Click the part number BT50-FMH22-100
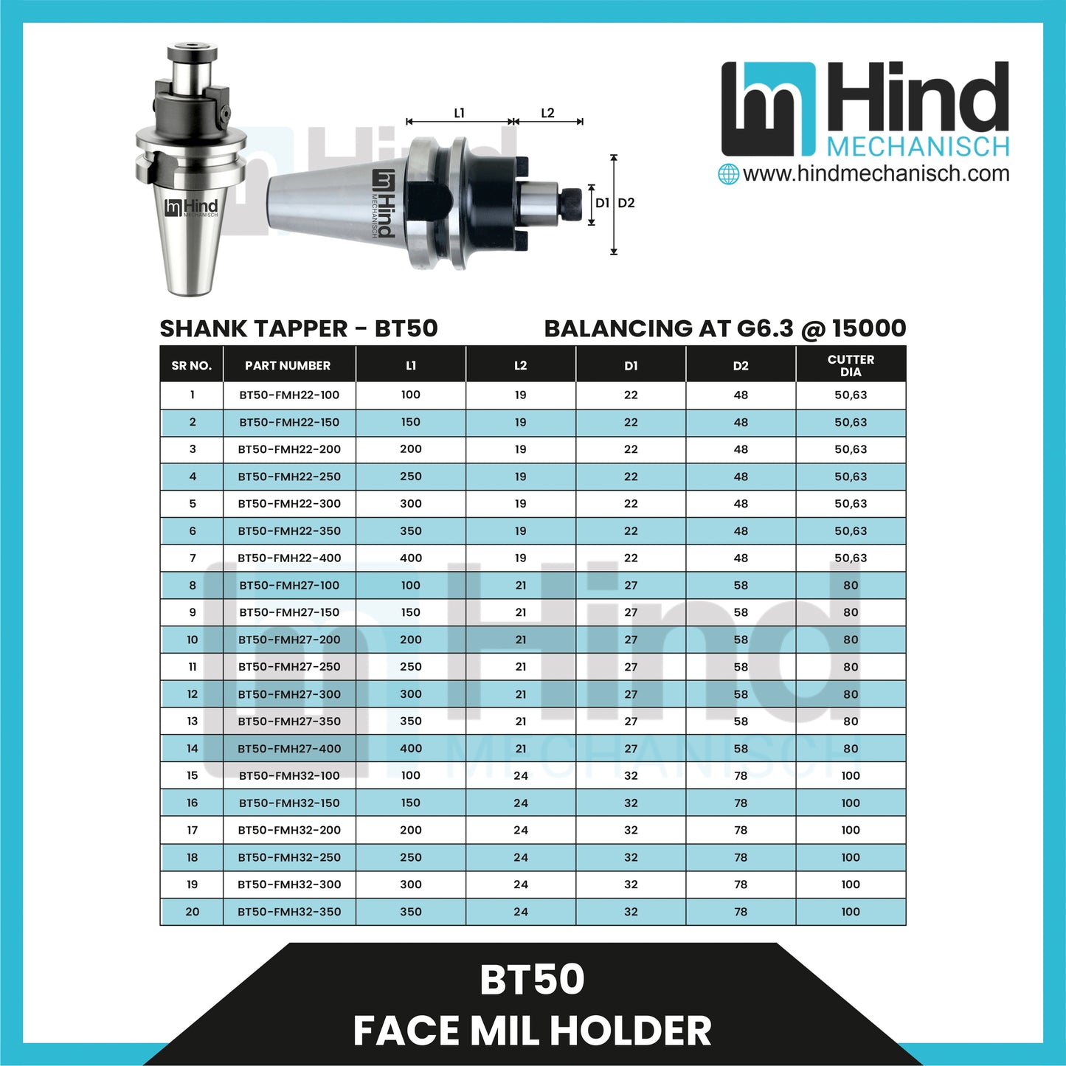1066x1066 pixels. tap(289, 395)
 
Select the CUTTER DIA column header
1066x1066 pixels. tap(851, 365)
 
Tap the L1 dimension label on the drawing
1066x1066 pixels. tap(459, 113)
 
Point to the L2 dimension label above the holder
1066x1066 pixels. tap(547, 113)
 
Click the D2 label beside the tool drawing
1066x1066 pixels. tap(626, 203)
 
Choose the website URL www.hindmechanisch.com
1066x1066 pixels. tap(876, 174)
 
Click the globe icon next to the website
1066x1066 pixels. tap(728, 174)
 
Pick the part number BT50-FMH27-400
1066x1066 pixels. tap(289, 748)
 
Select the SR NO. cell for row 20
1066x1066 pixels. tap(192, 912)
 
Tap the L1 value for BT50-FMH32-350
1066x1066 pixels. tap(411, 912)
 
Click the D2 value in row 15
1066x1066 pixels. tap(741, 775)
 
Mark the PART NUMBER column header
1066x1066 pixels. tap(288, 365)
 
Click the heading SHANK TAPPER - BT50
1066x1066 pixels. tap(299, 328)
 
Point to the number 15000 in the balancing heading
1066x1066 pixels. tap(869, 328)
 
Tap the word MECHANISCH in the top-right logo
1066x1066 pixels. tap(918, 147)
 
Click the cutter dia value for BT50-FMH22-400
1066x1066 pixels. tap(851, 558)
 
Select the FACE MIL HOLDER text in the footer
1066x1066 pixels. tap(532, 1031)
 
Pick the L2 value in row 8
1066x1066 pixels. tap(521, 585)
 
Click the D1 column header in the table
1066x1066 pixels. tap(631, 365)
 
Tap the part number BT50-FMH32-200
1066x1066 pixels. tap(289, 830)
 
